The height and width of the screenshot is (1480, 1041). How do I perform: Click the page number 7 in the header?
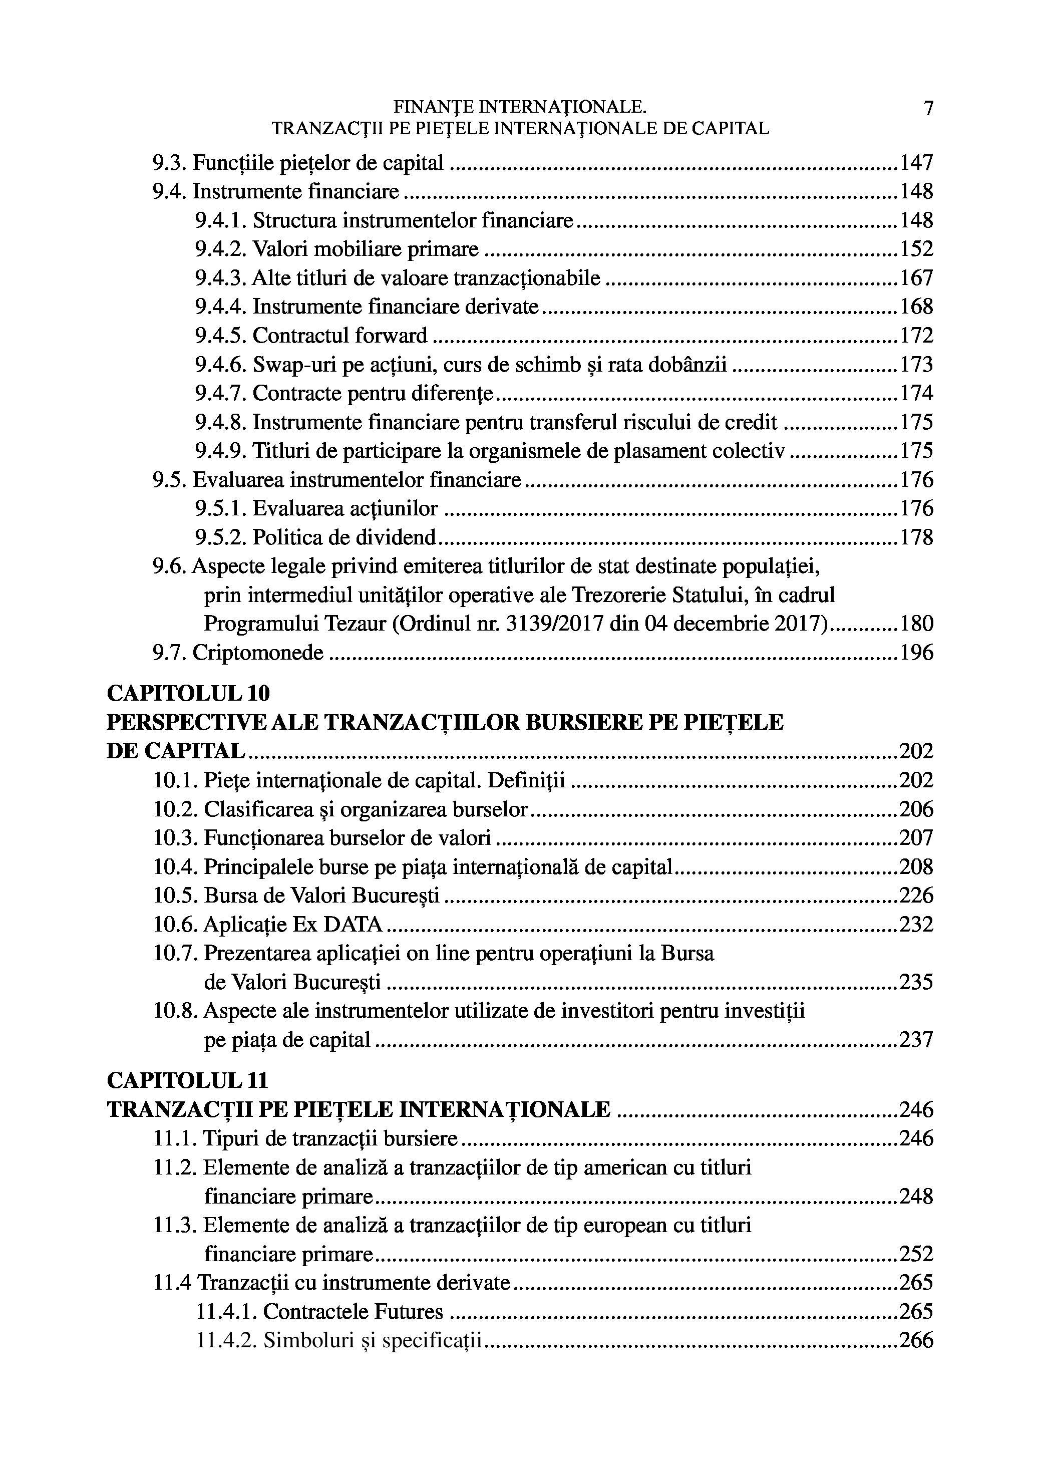pos(927,108)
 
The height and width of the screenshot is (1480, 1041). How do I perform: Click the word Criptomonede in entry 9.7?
pos(258,653)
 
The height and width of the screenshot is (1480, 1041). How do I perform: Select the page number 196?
pos(916,653)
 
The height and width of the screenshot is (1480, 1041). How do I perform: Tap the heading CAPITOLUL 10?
pos(188,694)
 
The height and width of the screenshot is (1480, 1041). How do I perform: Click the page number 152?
pos(916,249)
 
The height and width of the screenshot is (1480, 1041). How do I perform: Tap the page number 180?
pos(916,624)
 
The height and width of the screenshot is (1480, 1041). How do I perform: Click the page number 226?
pos(916,896)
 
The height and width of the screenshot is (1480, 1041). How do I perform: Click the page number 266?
pos(916,1341)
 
